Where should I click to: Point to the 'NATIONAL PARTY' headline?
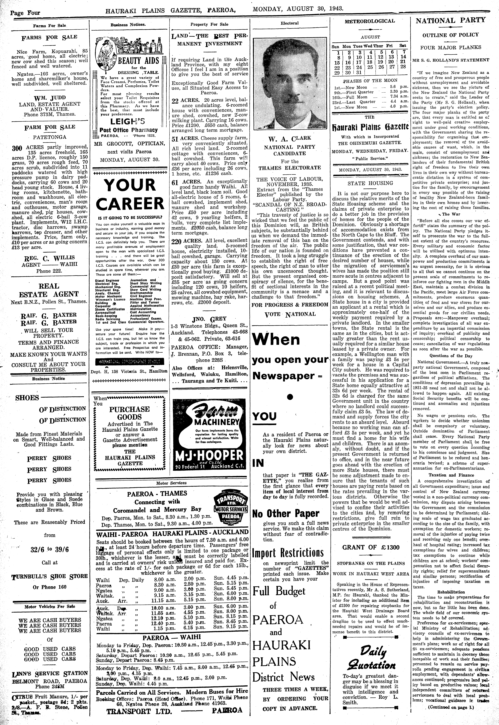[450, 20]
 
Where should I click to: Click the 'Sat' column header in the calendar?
[403, 46]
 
